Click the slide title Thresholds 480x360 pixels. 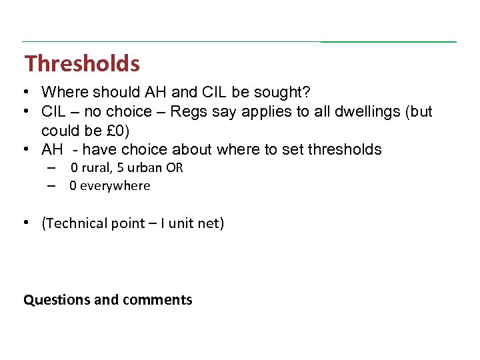82,64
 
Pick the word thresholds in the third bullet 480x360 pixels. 345,149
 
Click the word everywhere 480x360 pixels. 115,186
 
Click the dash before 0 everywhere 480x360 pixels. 51,186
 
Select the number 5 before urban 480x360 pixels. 120,167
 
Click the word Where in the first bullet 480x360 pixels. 63,92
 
